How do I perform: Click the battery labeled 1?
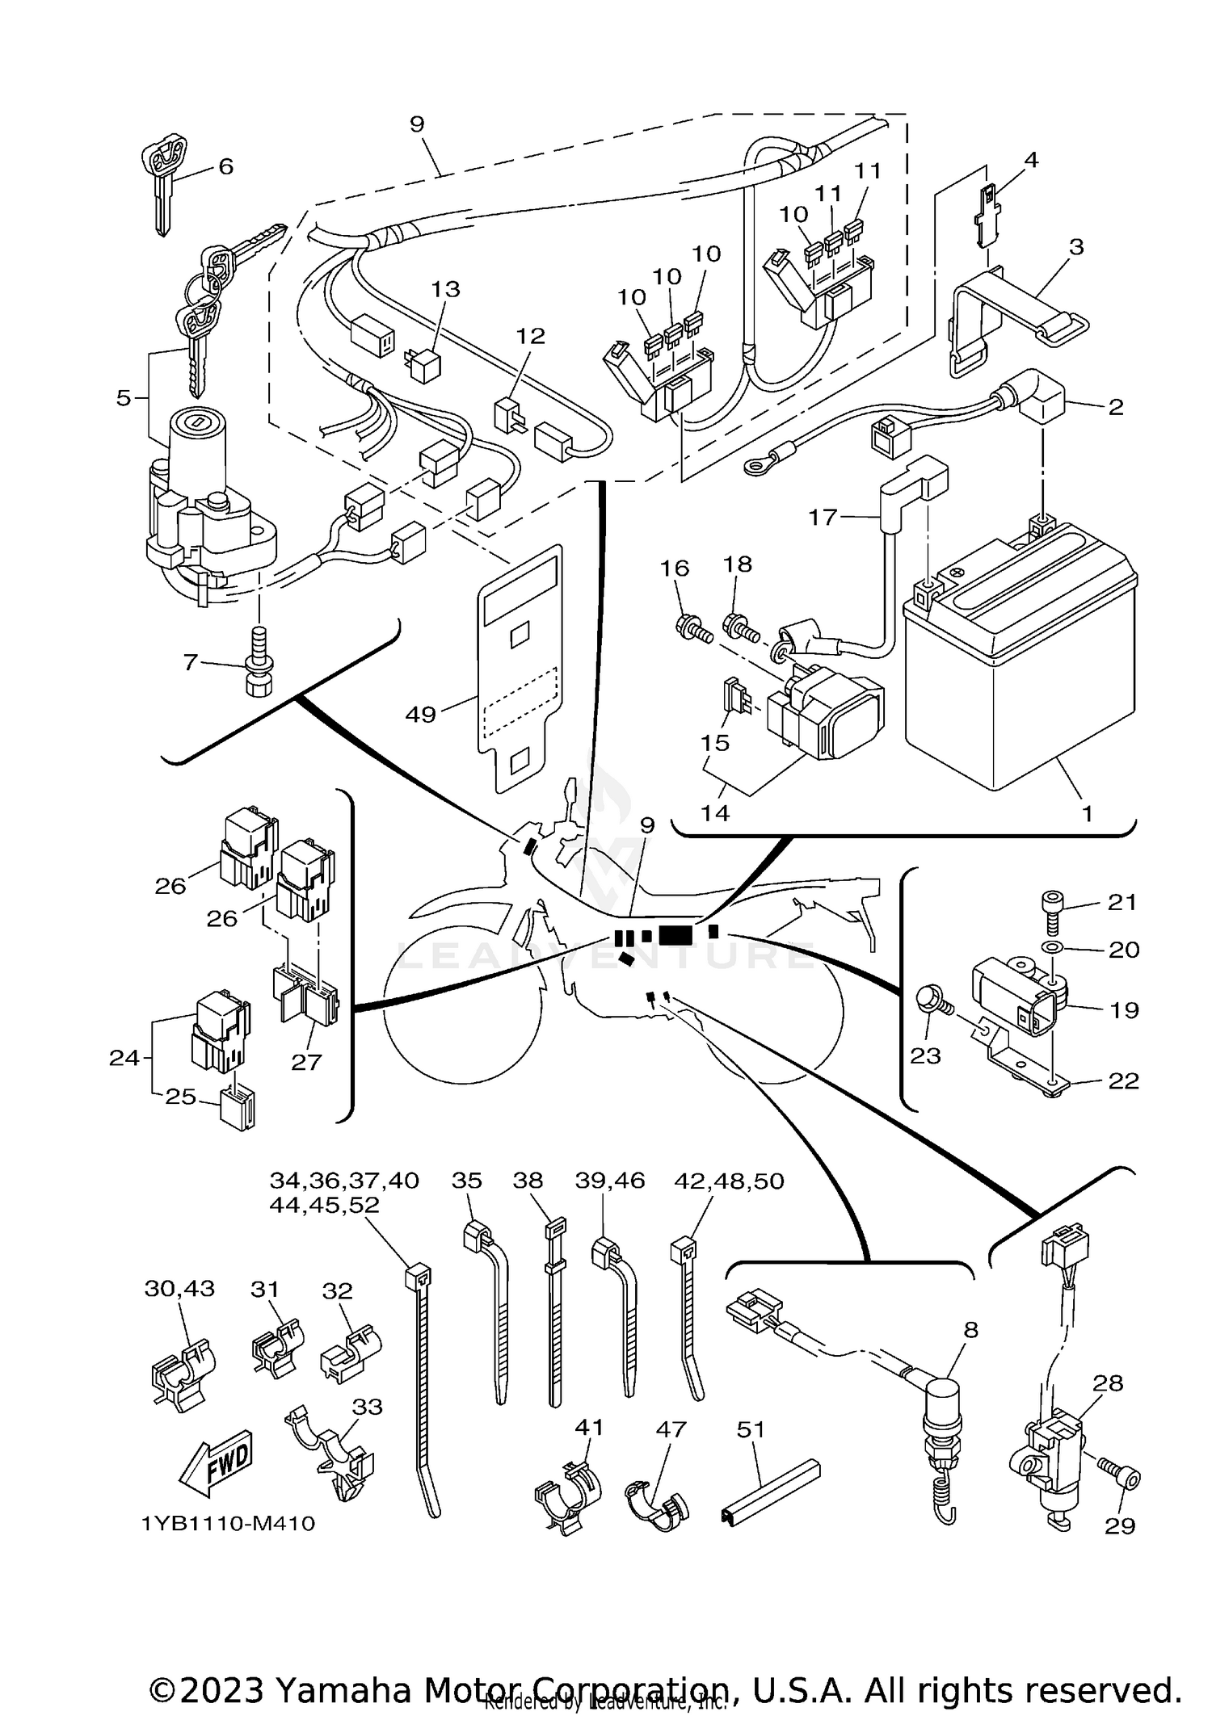pyautogui.click(x=1020, y=662)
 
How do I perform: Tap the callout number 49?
pyautogui.click(x=420, y=714)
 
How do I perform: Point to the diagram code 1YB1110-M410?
pyautogui.click(x=229, y=1524)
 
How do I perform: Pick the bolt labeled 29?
pyautogui.click(x=1120, y=1477)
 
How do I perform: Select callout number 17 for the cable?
pyautogui.click(x=823, y=517)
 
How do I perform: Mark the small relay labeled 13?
pyautogui.click(x=425, y=365)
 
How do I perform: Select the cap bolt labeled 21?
pyautogui.click(x=1053, y=900)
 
